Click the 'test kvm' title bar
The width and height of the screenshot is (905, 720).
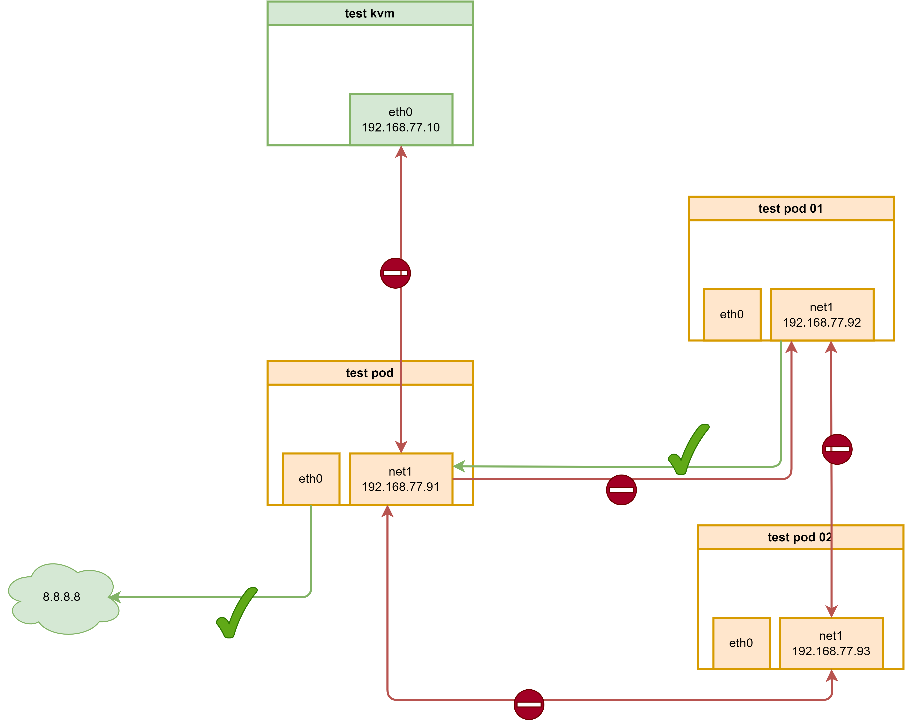370,13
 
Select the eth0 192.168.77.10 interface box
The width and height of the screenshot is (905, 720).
401,120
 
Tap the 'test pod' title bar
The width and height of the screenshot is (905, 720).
370,373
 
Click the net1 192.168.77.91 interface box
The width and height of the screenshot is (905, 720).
401,479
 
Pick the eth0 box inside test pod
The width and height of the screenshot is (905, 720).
311,479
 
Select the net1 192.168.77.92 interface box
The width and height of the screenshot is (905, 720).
822,315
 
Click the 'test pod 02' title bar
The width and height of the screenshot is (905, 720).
800,537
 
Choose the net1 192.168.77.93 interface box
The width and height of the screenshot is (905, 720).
831,643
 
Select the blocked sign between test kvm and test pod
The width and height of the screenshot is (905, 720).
395,273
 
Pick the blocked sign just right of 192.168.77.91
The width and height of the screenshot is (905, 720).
621,490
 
